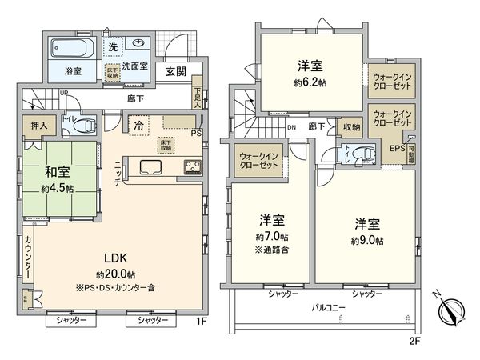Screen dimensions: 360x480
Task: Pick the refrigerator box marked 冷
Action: point(139,126)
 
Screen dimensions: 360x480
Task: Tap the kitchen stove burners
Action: point(194,167)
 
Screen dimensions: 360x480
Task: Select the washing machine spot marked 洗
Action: point(114,46)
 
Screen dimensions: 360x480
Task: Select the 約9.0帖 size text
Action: point(367,240)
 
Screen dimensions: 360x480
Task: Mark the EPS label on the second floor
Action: point(396,148)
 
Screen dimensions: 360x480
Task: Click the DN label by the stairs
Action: point(293,126)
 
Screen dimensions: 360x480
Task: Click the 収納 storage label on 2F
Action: point(351,126)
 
